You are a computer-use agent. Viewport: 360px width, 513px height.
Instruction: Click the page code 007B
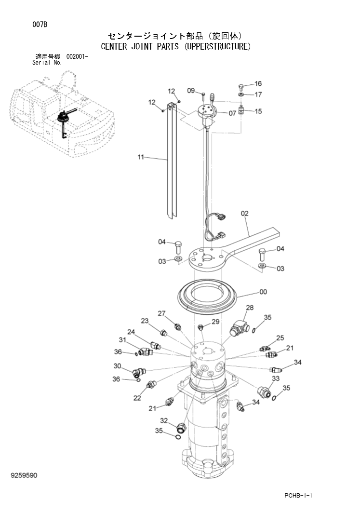tap(40, 25)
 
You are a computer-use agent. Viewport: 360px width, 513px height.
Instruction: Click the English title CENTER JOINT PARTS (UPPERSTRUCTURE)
tap(175, 47)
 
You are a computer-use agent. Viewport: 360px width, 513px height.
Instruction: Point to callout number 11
tap(141, 157)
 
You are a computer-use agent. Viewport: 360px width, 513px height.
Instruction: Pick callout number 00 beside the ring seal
tap(263, 292)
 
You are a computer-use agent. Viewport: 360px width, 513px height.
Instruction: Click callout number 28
tap(250, 308)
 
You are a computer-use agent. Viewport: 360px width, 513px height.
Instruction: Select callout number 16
tap(258, 84)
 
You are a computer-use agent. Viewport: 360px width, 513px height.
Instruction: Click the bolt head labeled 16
tap(241, 87)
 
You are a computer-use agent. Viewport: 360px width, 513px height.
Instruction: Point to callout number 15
tap(258, 111)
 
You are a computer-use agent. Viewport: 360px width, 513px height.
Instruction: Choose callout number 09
tap(191, 90)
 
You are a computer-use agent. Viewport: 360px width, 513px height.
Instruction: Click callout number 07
tap(232, 113)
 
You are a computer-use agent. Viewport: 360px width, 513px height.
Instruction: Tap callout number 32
tap(164, 420)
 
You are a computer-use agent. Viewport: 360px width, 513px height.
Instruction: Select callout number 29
tap(215, 322)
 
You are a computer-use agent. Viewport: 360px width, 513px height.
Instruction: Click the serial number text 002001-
tap(77, 57)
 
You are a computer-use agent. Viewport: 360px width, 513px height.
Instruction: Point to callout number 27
tap(162, 313)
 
